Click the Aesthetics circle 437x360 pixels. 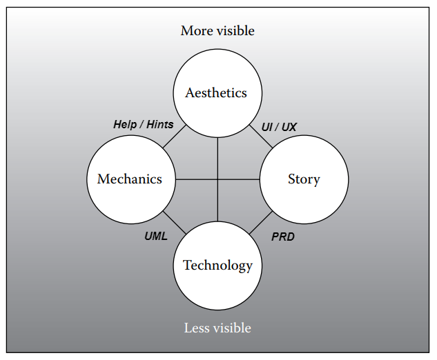(216, 93)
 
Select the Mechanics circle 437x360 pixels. (130, 179)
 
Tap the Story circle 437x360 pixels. (304, 179)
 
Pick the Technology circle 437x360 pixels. (217, 266)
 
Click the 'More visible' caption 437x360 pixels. (217, 31)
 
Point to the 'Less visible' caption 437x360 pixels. (217, 328)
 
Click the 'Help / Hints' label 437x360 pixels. (143, 125)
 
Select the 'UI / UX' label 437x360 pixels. (280, 127)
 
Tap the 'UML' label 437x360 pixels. (155, 236)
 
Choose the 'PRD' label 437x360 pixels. (283, 237)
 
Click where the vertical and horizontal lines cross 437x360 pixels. (217, 179)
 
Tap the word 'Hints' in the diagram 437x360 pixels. (159, 125)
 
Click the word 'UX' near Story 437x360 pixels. (289, 127)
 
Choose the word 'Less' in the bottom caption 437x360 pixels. (196, 328)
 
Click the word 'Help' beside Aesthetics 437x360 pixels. (125, 125)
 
